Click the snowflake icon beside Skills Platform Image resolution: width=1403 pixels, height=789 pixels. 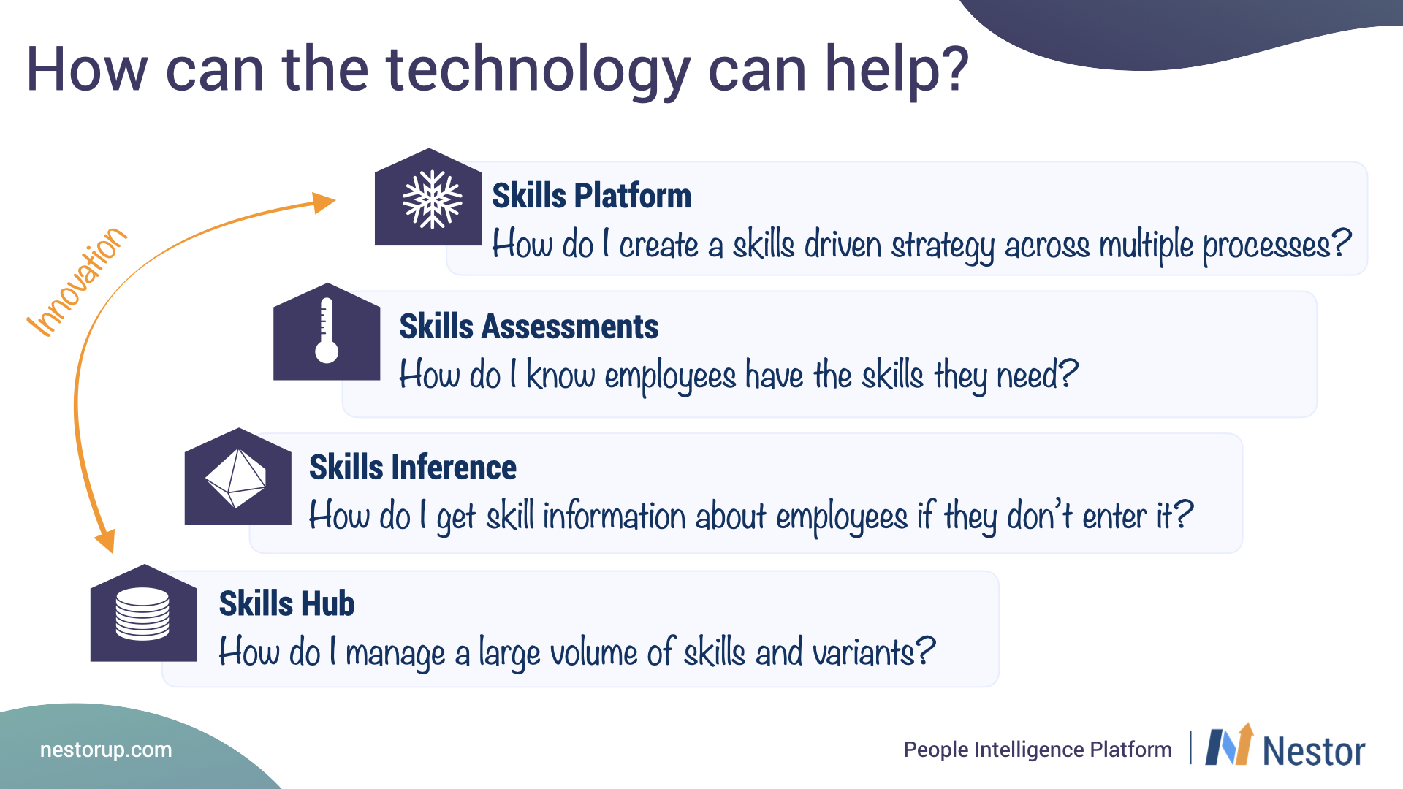(x=432, y=199)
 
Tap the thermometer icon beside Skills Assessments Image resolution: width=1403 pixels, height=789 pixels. (x=327, y=330)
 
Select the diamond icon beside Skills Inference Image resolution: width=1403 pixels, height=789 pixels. (x=236, y=478)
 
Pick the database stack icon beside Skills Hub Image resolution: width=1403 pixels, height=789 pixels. (x=142, y=614)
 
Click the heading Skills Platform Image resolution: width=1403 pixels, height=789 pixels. (x=591, y=196)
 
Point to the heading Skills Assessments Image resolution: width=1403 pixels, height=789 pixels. (x=528, y=327)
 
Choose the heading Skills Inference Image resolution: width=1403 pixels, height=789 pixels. (x=413, y=468)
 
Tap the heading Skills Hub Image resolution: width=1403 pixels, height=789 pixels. (x=286, y=604)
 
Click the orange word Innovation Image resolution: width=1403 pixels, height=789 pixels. (x=77, y=281)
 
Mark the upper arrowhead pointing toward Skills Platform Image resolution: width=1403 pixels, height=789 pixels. (x=323, y=202)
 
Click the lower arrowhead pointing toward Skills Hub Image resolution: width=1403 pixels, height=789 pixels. (x=106, y=541)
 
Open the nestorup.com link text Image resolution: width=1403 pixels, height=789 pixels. (x=106, y=750)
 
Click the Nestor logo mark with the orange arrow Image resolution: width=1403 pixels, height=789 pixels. (x=1229, y=744)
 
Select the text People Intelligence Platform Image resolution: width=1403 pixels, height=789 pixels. (x=1038, y=750)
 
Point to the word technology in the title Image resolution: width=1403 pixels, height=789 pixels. (x=538, y=71)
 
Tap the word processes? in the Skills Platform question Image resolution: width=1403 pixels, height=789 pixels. (x=1277, y=245)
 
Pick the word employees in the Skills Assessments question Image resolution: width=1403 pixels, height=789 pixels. (x=670, y=376)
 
